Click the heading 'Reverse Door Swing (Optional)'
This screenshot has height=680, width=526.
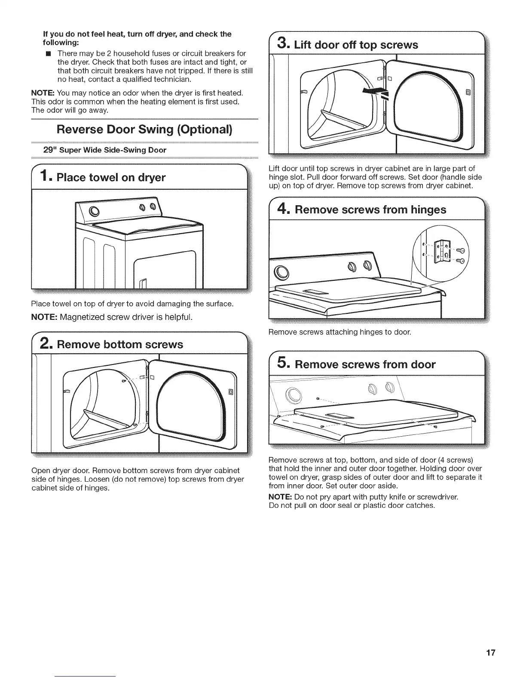point(145,129)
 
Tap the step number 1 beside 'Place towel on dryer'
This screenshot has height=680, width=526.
point(46,176)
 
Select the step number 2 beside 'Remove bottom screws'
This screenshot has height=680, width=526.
point(46,343)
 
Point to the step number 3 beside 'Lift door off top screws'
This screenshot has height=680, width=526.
point(282,44)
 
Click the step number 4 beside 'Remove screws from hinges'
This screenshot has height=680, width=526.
point(282,209)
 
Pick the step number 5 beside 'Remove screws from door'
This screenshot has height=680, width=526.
point(282,364)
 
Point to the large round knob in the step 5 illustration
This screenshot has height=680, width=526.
point(294,393)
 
